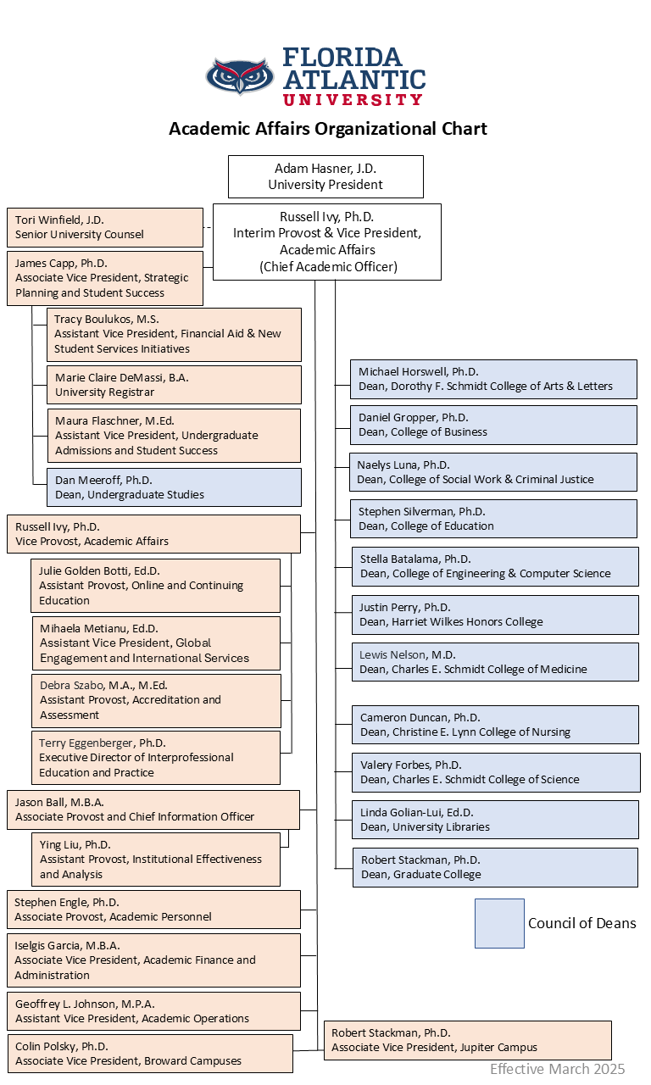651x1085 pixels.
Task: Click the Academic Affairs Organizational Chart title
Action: (x=328, y=129)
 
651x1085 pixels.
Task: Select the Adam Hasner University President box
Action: (x=325, y=176)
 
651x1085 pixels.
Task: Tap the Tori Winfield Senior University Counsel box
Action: (x=105, y=227)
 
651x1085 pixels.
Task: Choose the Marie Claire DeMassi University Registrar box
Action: (x=174, y=385)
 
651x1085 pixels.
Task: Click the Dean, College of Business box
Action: (x=493, y=425)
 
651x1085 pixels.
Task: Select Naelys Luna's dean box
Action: (x=493, y=472)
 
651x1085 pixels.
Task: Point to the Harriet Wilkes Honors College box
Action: (x=495, y=615)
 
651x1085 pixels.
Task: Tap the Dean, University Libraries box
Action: (x=495, y=820)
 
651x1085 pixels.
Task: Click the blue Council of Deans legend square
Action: (x=499, y=923)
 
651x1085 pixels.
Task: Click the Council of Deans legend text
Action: (x=581, y=923)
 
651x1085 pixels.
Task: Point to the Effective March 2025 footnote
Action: (x=557, y=1069)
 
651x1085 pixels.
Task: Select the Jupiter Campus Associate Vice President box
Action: (x=467, y=1040)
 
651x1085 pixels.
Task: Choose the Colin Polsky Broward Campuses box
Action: (x=151, y=1054)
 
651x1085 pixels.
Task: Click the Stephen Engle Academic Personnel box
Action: (x=153, y=910)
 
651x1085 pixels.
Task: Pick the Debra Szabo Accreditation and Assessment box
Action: (x=156, y=700)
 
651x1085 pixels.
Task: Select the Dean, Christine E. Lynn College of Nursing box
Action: (x=495, y=725)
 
